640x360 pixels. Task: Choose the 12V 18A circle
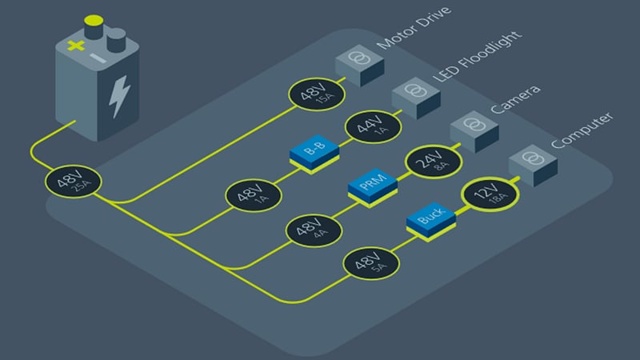(x=486, y=196)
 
